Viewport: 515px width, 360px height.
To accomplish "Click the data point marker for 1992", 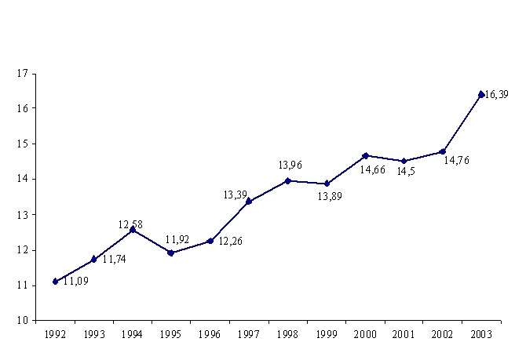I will pyautogui.click(x=55, y=281).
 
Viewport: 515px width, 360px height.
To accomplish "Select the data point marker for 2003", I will pyautogui.click(x=481, y=94).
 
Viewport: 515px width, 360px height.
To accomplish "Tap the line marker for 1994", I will pyautogui.click(x=133, y=230).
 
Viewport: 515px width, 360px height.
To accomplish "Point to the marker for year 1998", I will pyautogui.click(x=287, y=180).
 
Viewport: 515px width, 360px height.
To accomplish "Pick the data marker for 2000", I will pyautogui.click(x=365, y=155).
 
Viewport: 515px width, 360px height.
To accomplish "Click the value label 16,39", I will pyautogui.click(x=497, y=95).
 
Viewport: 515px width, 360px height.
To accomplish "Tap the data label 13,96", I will pyautogui.click(x=290, y=165).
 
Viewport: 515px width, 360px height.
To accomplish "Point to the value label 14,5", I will pyautogui.click(x=406, y=171).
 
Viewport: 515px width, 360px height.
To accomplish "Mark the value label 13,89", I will pyautogui.click(x=329, y=196).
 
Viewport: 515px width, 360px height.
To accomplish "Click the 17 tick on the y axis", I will pyautogui.click(x=22, y=73).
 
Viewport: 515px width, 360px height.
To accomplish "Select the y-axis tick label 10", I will pyautogui.click(x=22, y=321).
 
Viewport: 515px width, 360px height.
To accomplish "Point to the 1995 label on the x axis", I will pyautogui.click(x=171, y=334).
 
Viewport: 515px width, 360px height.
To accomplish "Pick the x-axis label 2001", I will pyautogui.click(x=404, y=334).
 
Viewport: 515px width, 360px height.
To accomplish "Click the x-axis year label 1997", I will pyautogui.click(x=249, y=334).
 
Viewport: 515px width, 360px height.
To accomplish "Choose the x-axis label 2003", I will pyautogui.click(x=480, y=334).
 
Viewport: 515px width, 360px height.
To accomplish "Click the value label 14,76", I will pyautogui.click(x=456, y=161).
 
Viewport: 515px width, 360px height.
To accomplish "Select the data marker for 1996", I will pyautogui.click(x=210, y=241).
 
